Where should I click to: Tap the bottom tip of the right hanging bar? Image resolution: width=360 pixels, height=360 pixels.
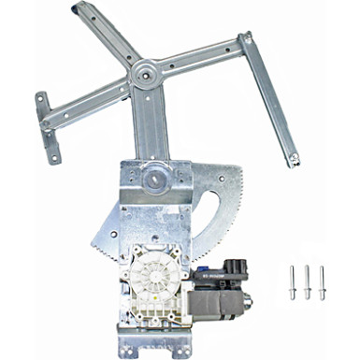293,162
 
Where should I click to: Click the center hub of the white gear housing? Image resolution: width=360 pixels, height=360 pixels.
161,271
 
